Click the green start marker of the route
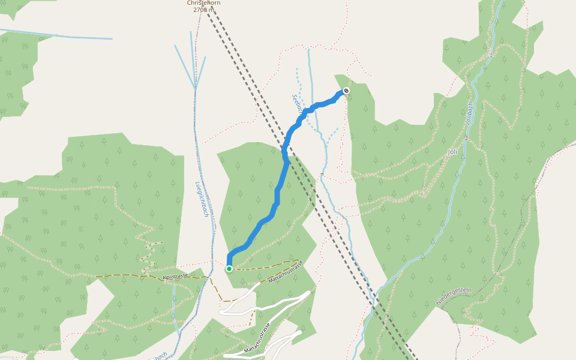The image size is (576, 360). [229, 269]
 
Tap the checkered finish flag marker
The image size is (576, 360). [346, 91]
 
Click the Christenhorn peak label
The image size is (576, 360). [203, 3]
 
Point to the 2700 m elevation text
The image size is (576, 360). [203, 10]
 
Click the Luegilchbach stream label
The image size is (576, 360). [202, 199]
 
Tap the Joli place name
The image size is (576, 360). [452, 152]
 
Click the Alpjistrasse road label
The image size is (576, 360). [175, 276]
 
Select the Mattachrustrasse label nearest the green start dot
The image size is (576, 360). [286, 272]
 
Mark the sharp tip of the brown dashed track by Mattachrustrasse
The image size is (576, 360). [298, 260]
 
